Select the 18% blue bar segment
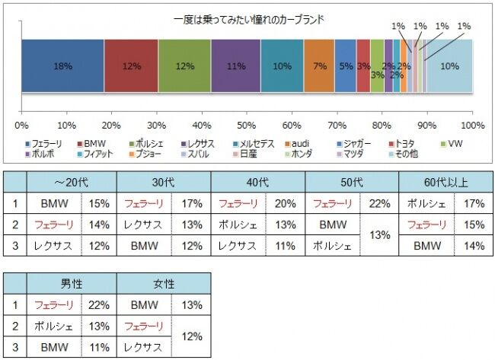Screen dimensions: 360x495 coord(62,66)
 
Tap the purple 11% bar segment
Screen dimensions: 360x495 coord(236,66)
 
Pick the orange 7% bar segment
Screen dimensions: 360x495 coord(320,66)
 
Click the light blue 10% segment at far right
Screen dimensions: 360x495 coord(449,66)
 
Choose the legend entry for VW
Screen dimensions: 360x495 coord(452,143)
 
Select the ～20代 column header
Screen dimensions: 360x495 coord(71,183)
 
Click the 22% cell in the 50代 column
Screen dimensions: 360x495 coord(379,204)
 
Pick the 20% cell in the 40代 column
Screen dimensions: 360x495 coord(286,204)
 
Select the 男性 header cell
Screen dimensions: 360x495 coord(71,283)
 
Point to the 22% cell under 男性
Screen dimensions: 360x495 coord(99,304)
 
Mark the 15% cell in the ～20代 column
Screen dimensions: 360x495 coord(99,204)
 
